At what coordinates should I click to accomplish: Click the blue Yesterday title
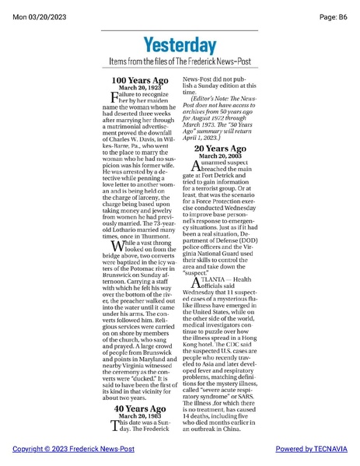(180, 45)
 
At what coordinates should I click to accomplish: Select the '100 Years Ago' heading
(139, 80)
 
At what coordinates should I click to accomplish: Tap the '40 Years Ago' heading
(140, 408)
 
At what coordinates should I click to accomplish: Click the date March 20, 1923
(139, 87)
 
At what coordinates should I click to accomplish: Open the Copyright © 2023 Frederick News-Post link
(73, 450)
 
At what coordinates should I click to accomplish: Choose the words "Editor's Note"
(211, 100)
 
